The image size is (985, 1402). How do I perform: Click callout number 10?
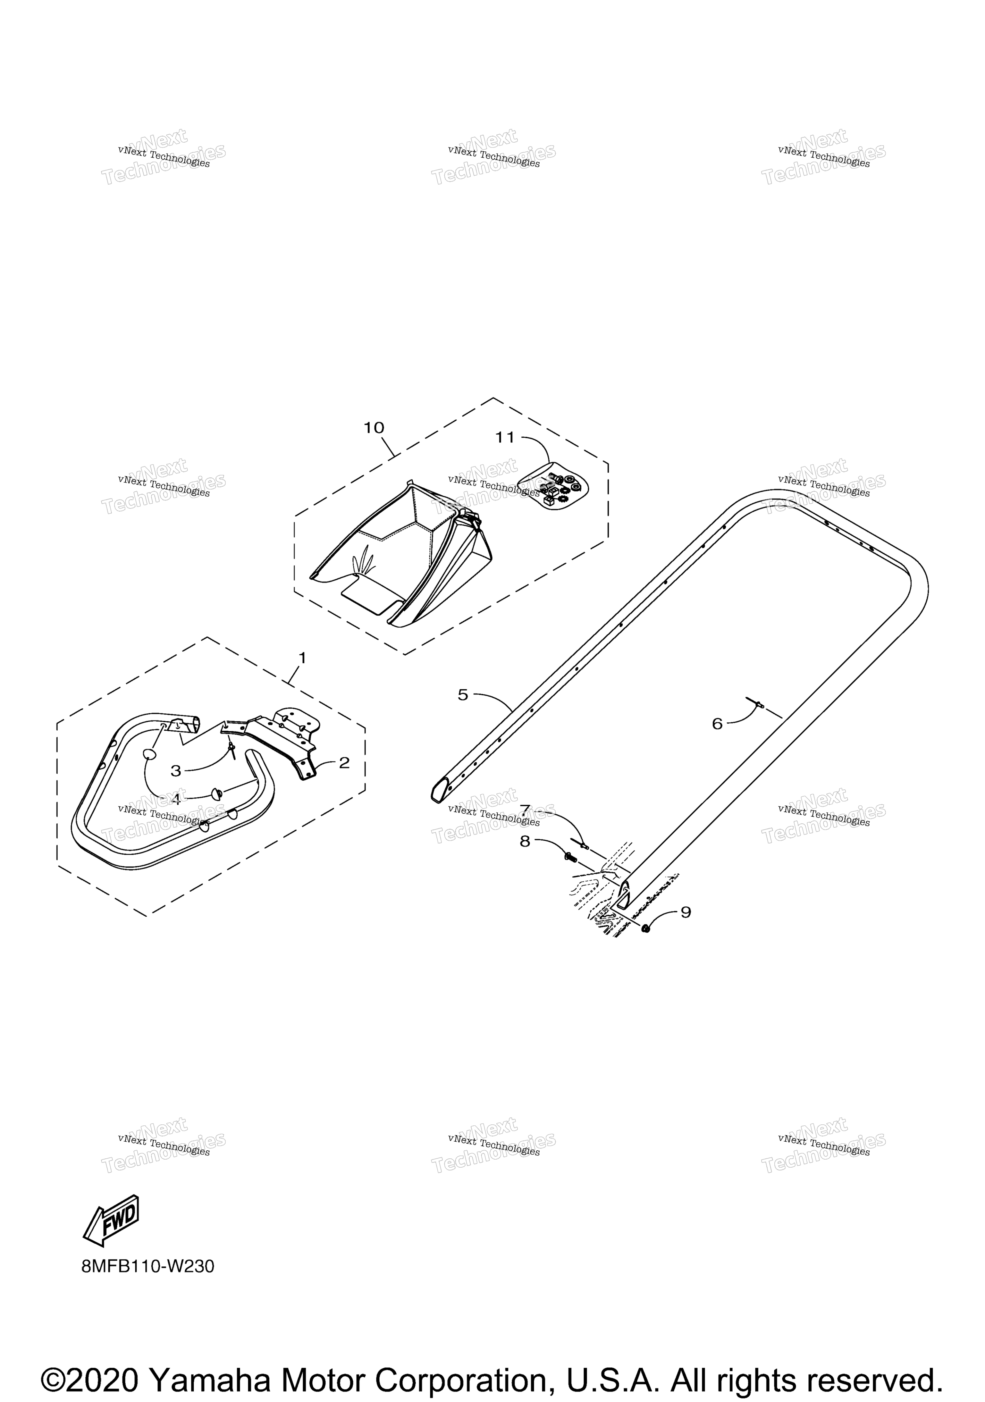point(374,428)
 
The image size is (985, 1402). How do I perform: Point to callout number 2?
point(344,763)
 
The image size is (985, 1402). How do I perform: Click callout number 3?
point(176,771)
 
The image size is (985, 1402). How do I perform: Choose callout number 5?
point(463,695)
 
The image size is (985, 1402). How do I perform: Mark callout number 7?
point(525,810)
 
